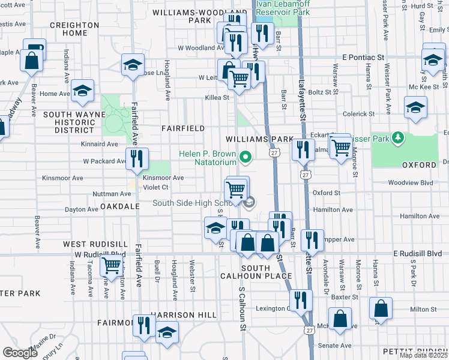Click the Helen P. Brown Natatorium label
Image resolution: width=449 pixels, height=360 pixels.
(x=208, y=158)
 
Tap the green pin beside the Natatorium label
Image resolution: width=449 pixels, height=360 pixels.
(x=245, y=158)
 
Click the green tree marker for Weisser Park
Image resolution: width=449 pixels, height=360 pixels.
(x=396, y=138)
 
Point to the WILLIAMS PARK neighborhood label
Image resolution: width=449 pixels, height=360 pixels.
(x=259, y=139)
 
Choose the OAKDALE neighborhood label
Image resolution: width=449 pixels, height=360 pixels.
(x=120, y=206)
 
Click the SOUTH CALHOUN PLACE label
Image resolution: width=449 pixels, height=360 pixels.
(x=266, y=271)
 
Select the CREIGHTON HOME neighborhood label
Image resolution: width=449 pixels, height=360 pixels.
(x=74, y=29)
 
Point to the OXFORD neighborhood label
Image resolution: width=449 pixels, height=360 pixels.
(x=419, y=164)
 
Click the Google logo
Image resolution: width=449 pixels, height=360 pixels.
(x=20, y=353)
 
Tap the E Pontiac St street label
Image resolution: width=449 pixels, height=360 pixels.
(x=363, y=56)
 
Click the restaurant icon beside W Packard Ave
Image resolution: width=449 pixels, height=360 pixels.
(x=137, y=158)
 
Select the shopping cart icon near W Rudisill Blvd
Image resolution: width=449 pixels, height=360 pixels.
(x=111, y=264)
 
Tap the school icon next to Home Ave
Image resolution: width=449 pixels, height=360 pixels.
(x=82, y=91)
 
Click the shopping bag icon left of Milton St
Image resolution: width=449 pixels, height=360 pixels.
(x=381, y=309)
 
